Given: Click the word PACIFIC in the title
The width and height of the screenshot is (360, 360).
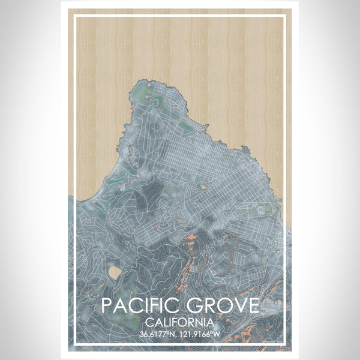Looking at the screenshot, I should pos(138,305).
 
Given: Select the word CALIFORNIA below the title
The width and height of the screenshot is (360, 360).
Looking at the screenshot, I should pos(180,322).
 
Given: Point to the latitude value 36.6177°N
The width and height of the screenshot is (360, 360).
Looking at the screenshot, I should pos(158,334).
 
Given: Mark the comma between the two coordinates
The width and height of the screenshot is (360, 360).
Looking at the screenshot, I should pos(178,335).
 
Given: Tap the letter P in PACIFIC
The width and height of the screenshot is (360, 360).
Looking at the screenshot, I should pos(107,305).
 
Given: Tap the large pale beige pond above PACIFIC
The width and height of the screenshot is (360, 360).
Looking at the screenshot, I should pos(115,274).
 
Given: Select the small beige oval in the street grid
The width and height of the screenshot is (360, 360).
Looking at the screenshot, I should pos(205,187).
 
